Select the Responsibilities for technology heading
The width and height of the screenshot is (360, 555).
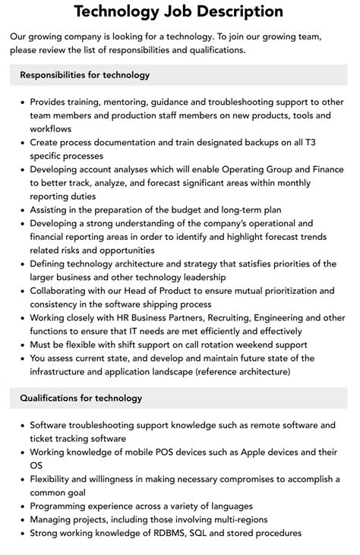pyautogui.click(x=85, y=75)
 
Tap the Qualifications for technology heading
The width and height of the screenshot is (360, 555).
pyautogui.click(x=81, y=398)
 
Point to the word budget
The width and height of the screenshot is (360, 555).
pyautogui.click(x=178, y=209)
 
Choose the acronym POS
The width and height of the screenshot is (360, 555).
pyautogui.click(x=163, y=452)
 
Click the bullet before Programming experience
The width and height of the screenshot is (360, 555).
pyautogui.click(x=22, y=506)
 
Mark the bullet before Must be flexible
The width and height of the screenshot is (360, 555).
pyautogui.click(x=22, y=344)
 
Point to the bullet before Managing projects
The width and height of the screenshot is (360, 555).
pyautogui.click(x=22, y=519)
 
